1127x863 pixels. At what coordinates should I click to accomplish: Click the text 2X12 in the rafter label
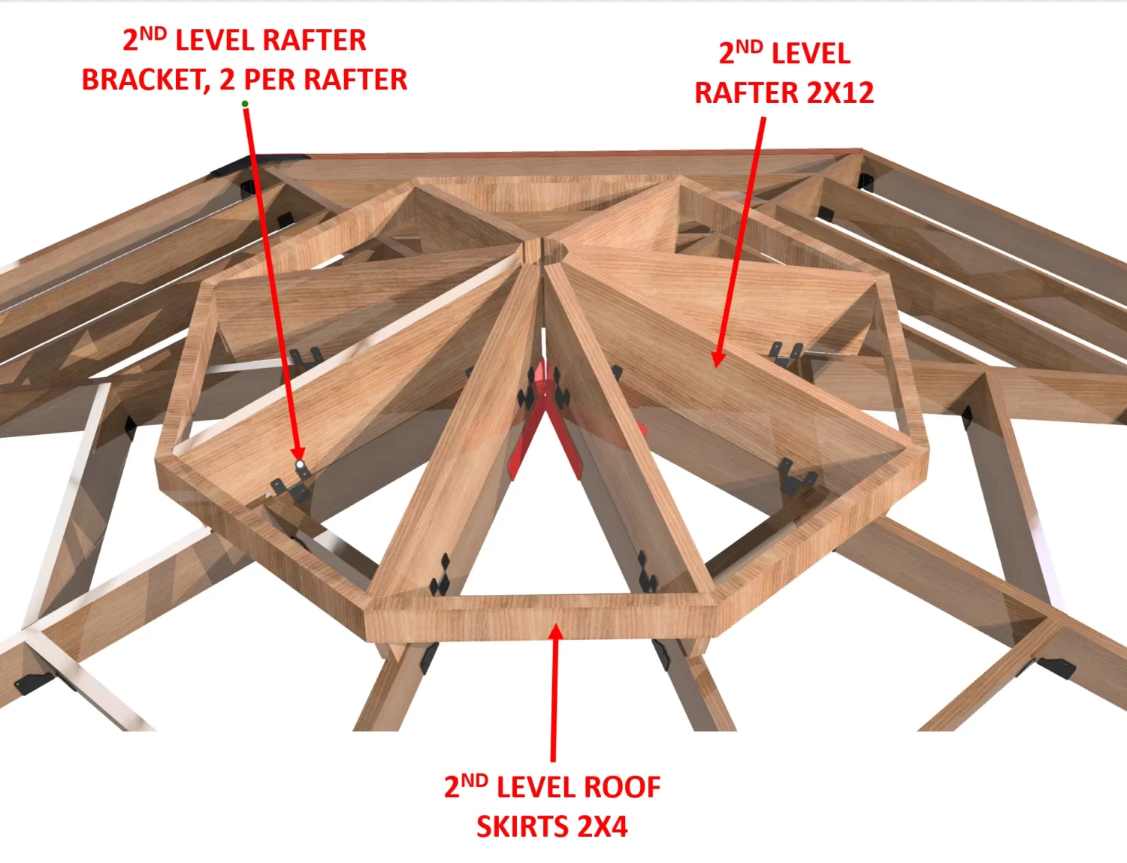point(840,93)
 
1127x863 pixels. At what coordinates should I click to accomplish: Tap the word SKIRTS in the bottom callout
point(515,826)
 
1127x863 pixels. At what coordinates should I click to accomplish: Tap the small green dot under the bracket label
point(245,104)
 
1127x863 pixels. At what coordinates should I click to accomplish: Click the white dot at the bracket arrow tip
point(301,466)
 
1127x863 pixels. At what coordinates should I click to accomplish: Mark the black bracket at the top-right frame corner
point(866,182)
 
